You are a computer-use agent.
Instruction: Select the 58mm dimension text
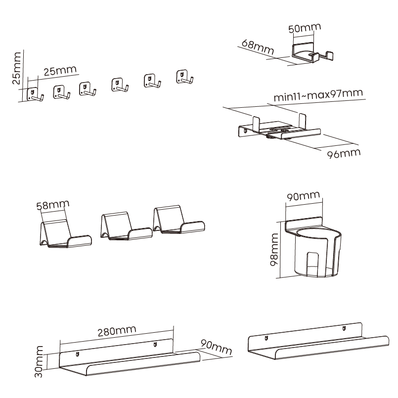tap(53, 205)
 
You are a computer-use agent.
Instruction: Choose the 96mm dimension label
tap(344, 153)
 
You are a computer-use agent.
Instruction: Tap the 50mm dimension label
tap(301, 29)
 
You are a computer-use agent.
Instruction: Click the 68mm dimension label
tap(258, 47)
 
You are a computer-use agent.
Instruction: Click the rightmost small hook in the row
tap(184, 77)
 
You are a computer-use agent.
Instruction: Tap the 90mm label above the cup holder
tap(304, 197)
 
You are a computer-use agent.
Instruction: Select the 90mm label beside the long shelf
tap(216, 347)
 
